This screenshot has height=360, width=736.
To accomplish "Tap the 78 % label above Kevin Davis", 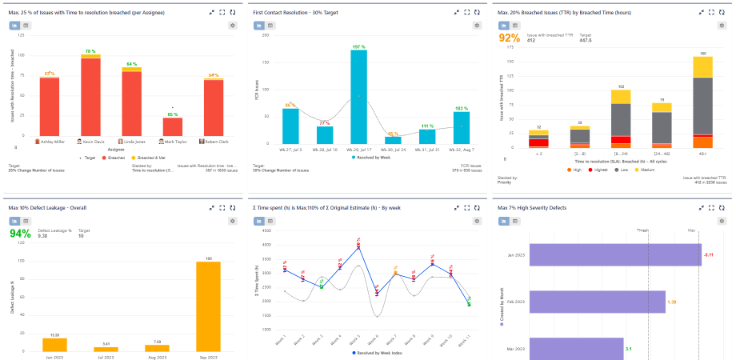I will (90, 51).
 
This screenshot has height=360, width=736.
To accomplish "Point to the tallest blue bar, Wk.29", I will (359, 93).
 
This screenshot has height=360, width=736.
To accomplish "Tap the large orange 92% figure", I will (510, 38).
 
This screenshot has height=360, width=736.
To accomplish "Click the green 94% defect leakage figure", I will (20, 234).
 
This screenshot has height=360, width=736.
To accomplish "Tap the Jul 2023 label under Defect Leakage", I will (101, 356).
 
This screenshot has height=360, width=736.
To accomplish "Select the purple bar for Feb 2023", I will (597, 302).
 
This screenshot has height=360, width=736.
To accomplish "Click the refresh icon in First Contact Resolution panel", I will (478, 13).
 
